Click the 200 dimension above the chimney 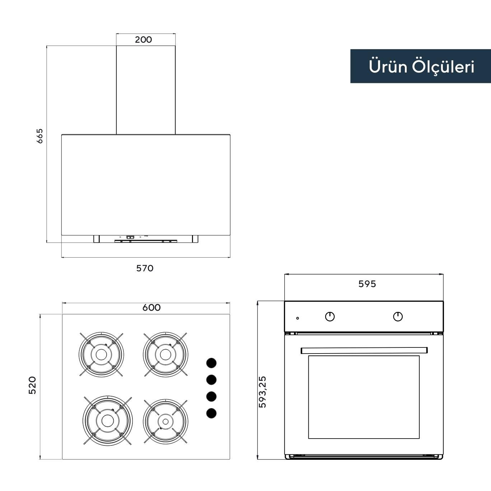144,39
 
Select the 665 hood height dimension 39,136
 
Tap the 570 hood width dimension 145,268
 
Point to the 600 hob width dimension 151,308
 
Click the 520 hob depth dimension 32,385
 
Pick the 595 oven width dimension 367,284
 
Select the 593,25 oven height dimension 263,392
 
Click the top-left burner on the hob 101,355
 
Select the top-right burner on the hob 165,355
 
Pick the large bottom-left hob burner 108,420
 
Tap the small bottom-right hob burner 165,421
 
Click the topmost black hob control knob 211,363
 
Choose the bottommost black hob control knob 211,413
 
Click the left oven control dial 330,317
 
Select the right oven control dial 398,317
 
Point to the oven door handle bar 364,350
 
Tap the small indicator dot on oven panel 298,318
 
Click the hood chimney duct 146,90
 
